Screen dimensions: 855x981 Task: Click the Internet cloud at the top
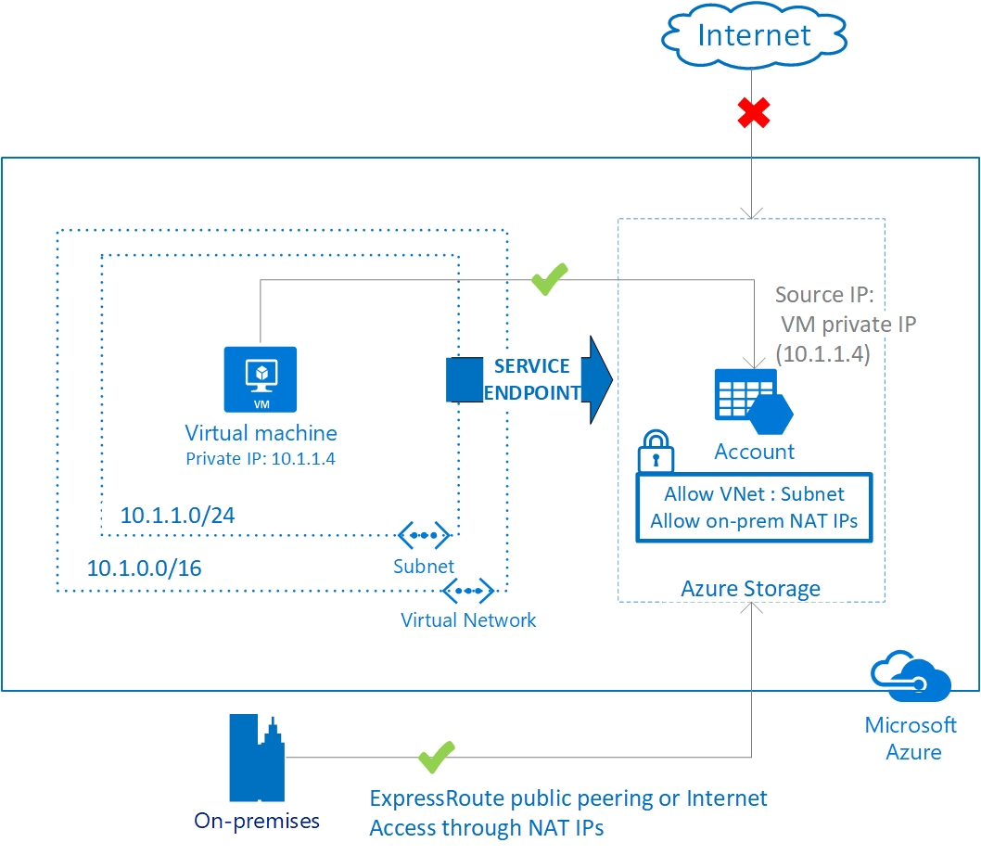pos(753,36)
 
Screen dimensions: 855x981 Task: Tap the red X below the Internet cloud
pos(754,113)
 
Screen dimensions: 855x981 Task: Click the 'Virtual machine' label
pos(261,433)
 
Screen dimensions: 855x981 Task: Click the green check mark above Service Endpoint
pos(549,278)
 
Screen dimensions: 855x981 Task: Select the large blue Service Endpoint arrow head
pos(599,379)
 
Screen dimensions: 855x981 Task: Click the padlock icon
pos(656,452)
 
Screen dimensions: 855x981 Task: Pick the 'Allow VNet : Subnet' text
pos(754,494)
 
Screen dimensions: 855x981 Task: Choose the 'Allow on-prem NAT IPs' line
pos(754,520)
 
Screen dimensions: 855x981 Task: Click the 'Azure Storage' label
pos(750,588)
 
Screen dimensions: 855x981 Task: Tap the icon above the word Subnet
pos(424,535)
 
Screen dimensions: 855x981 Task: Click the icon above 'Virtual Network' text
pos(468,590)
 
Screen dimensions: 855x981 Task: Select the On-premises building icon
pos(256,758)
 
